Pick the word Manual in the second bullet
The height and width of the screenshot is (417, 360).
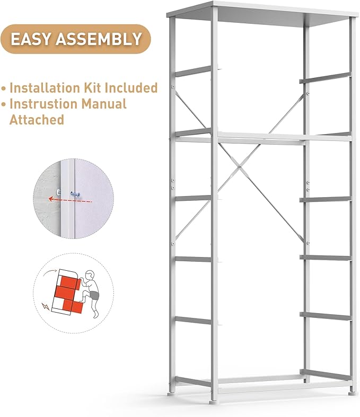coord(108,103)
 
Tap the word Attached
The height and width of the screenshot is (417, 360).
coord(37,120)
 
